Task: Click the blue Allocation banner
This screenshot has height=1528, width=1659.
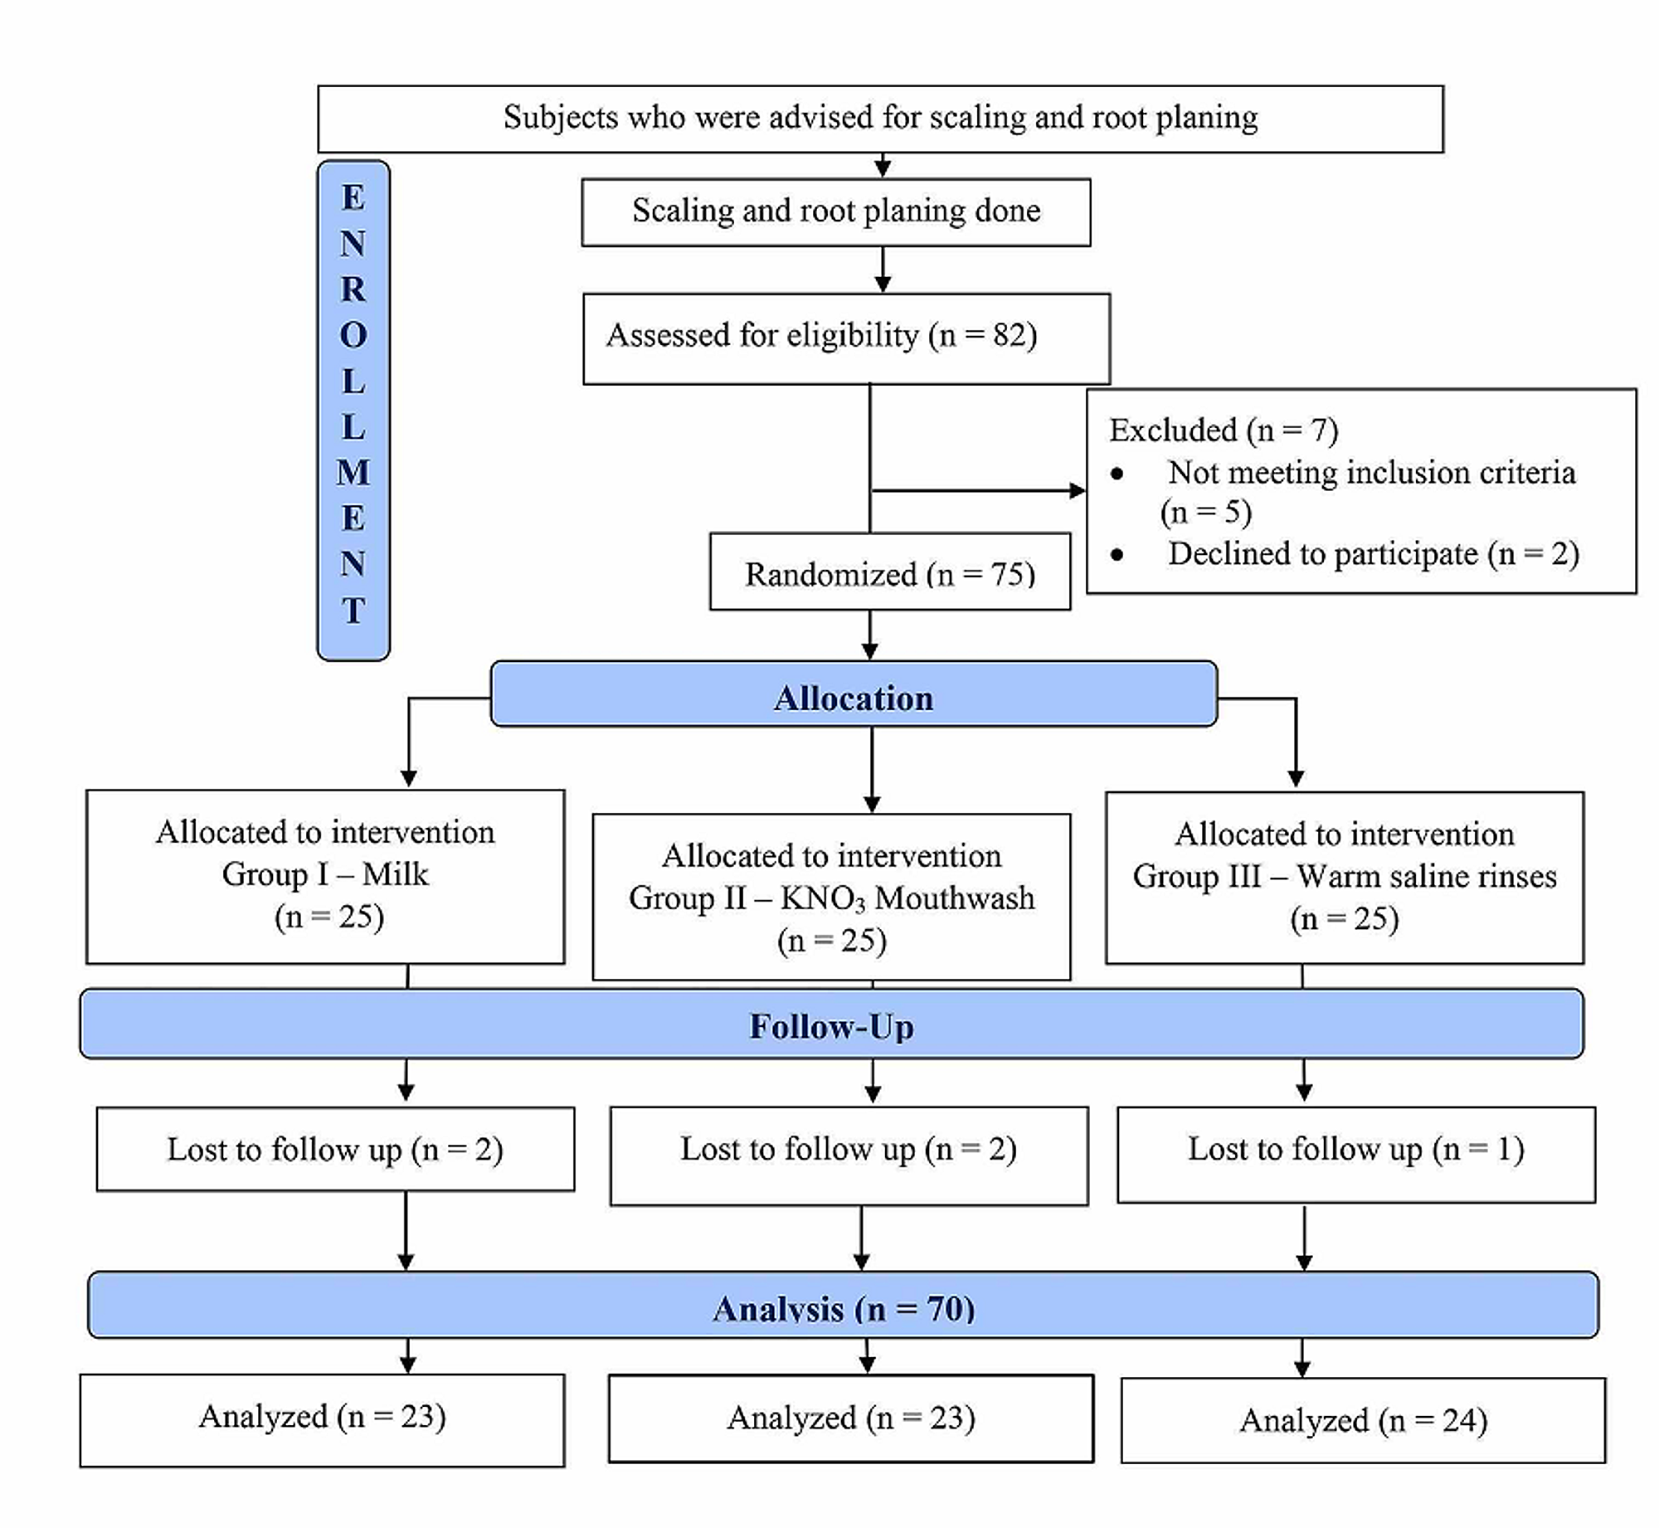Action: (854, 698)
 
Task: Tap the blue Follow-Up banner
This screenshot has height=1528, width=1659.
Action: (831, 1026)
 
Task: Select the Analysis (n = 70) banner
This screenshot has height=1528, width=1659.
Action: (843, 1308)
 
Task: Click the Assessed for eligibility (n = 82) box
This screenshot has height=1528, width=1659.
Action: (846, 338)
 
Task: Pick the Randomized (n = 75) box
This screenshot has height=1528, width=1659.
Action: (889, 573)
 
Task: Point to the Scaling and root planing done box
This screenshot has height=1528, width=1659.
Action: (835, 212)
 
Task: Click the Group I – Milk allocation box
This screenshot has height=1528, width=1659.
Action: (325, 876)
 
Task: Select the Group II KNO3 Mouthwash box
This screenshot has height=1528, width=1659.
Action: (831, 897)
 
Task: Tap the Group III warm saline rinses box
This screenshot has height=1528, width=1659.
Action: (1344, 877)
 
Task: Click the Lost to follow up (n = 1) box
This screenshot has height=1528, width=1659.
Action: (1355, 1153)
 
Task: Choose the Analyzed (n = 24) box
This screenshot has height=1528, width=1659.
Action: (1363, 1420)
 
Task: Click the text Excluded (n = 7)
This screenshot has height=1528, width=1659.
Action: (1224, 430)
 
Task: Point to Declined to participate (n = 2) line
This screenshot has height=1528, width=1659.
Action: (1373, 553)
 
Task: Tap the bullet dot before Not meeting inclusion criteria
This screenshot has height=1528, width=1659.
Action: (1117, 474)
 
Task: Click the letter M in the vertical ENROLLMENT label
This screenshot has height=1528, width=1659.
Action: (353, 473)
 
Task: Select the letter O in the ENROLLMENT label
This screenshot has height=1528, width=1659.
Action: (353, 335)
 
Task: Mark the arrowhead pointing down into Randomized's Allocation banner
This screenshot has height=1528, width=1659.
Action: (869, 650)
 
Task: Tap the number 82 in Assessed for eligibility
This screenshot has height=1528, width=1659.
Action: (1009, 335)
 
